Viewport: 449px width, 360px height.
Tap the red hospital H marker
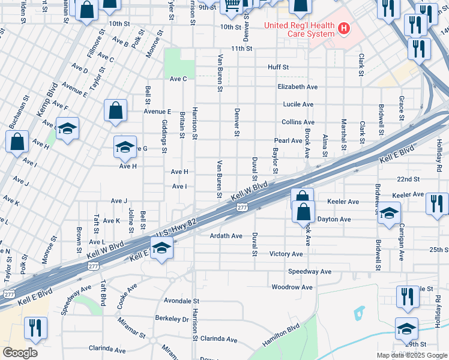tap(344, 28)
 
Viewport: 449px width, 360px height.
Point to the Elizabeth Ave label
tap(298, 86)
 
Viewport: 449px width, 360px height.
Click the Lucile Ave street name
tap(298, 104)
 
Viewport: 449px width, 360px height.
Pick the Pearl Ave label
tap(288, 140)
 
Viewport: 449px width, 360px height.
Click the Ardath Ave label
tap(226, 236)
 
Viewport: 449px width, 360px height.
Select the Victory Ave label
tap(286, 254)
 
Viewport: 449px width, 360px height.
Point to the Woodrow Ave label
tap(292, 287)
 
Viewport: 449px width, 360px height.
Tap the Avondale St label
tap(181, 300)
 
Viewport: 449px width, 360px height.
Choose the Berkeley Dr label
tap(172, 319)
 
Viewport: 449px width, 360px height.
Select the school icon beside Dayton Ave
tap(389, 212)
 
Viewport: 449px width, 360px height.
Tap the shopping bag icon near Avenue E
tap(115, 110)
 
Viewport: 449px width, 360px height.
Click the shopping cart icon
tap(232, 6)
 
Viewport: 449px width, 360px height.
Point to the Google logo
tap(20, 352)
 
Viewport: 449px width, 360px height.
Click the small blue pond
tap(360, 312)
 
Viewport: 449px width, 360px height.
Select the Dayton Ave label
tap(334, 219)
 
